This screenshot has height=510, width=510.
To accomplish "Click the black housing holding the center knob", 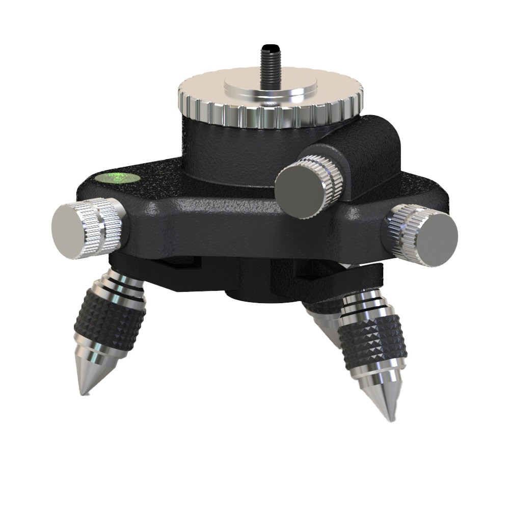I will [x=367, y=153].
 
